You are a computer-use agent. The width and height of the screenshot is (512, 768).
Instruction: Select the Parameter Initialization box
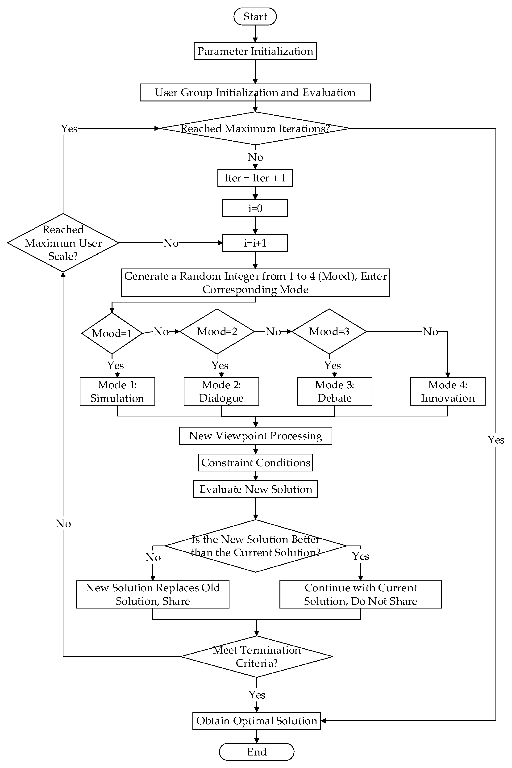pyautogui.click(x=255, y=51)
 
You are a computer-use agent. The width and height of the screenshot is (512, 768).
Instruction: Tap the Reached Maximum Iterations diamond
pyautogui.click(x=255, y=128)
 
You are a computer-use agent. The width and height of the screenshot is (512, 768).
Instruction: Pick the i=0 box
pyautogui.click(x=255, y=208)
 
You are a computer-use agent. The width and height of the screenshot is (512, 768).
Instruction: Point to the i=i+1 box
pyautogui.click(x=255, y=243)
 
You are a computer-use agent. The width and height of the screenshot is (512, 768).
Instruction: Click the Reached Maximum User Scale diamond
pyautogui.click(x=63, y=243)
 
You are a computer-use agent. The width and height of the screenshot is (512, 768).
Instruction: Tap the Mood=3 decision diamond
pyautogui.click(x=329, y=332)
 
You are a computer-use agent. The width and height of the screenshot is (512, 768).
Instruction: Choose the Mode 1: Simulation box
pyautogui.click(x=117, y=391)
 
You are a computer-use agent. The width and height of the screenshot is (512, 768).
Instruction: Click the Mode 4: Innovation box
pyautogui.click(x=448, y=391)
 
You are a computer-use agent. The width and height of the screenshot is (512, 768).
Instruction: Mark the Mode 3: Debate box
pyautogui.click(x=334, y=391)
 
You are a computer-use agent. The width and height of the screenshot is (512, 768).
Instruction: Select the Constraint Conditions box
pyautogui.click(x=255, y=462)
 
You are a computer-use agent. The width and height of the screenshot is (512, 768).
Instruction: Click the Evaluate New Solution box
pyautogui.click(x=255, y=489)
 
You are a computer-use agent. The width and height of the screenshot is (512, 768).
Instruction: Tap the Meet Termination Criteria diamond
pyautogui.click(x=257, y=657)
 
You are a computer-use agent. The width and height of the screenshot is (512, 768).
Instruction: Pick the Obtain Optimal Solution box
pyautogui.click(x=257, y=721)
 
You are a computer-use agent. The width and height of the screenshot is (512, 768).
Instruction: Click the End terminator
pyautogui.click(x=257, y=752)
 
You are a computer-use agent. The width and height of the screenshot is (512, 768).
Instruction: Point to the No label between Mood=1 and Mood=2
pyautogui.click(x=161, y=332)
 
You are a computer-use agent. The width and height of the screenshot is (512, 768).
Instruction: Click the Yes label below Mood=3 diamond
pyautogui.click(x=332, y=365)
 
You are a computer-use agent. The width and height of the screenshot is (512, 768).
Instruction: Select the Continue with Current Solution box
pyautogui.click(x=361, y=595)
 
